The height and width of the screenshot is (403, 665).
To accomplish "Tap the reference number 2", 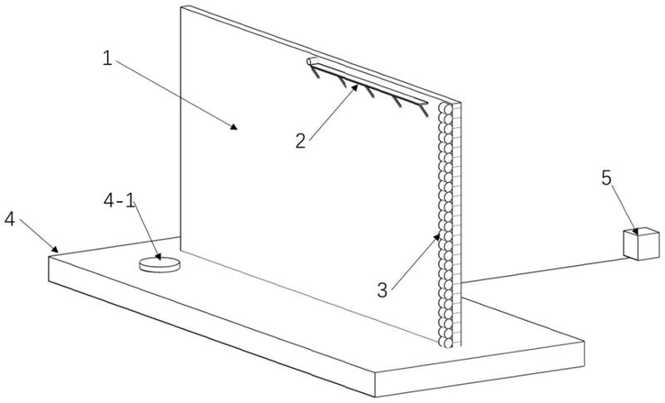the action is (301, 139).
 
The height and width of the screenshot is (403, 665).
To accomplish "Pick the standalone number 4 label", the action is (10, 219).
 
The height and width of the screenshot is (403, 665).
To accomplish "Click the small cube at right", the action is (638, 244).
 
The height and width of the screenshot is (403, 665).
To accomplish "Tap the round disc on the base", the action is (160, 263).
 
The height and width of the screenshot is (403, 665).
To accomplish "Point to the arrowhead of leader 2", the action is (358, 83).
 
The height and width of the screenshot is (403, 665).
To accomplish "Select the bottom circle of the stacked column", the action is (449, 338).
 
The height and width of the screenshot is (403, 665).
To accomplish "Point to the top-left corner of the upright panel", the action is (181, 7).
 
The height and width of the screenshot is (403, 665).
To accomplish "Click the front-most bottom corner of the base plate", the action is (376, 396).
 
